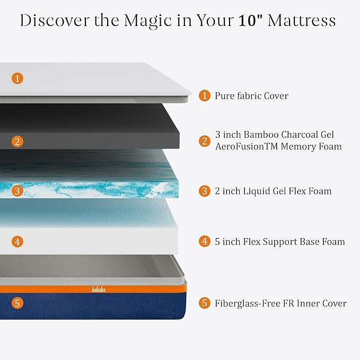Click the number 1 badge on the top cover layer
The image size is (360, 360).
click(x=17, y=78)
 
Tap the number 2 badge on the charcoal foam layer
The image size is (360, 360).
click(x=17, y=141)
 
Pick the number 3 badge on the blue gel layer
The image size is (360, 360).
click(x=17, y=191)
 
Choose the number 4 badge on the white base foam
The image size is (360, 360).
click(x=17, y=242)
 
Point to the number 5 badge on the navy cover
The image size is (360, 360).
click(x=17, y=303)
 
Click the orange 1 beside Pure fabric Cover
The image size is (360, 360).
click(x=205, y=96)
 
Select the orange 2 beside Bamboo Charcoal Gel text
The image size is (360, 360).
click(x=205, y=141)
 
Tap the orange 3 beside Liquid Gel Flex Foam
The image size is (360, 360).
click(x=205, y=191)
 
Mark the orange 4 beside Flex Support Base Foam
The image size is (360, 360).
click(x=205, y=242)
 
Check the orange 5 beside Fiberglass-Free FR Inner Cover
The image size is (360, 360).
click(x=205, y=303)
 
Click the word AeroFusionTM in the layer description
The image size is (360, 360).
click(x=245, y=146)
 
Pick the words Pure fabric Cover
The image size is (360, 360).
click(x=251, y=96)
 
